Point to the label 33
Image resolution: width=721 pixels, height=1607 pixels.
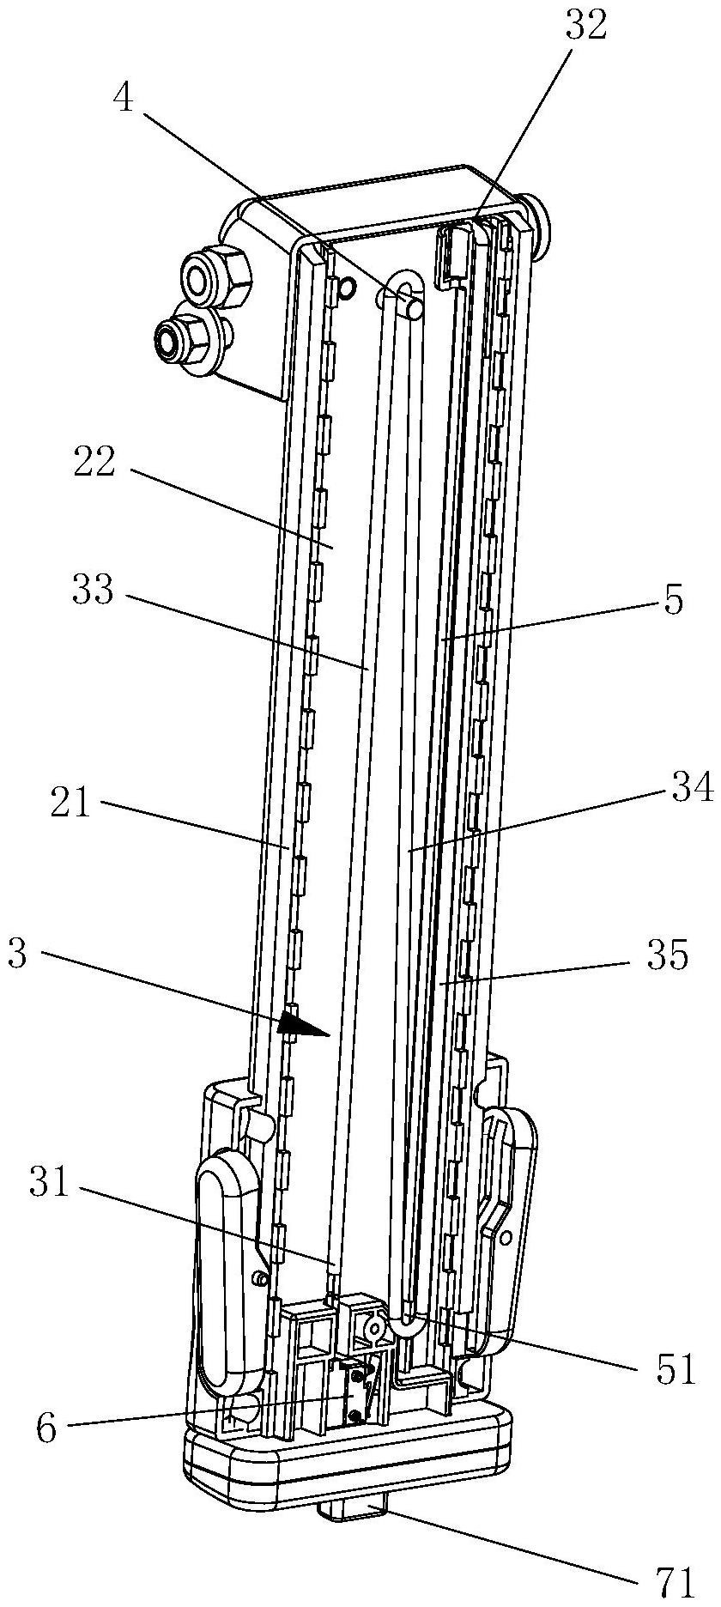[94, 591]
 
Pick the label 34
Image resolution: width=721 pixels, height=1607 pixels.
[692, 787]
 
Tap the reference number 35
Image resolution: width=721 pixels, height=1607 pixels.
[669, 955]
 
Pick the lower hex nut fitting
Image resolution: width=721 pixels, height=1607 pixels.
[183, 337]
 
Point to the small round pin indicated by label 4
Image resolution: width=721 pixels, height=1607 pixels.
[413, 306]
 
